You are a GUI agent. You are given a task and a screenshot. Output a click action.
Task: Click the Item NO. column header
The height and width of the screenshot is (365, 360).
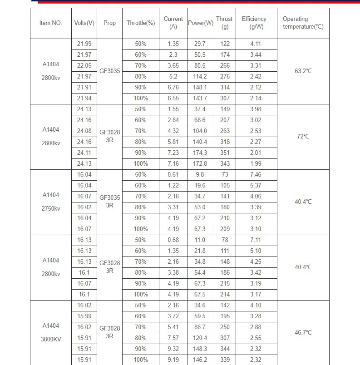click(50, 23)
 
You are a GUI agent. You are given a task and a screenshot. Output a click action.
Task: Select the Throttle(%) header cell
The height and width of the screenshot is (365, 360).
click(141, 23)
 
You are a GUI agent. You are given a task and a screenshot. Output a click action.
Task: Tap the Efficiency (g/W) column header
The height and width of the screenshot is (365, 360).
click(256, 23)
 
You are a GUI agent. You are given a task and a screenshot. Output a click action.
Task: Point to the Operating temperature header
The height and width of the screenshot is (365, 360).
click(303, 23)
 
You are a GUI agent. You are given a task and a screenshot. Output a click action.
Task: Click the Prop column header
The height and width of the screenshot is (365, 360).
click(109, 23)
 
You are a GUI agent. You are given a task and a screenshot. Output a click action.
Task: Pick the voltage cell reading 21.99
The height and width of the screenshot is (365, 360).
click(84, 44)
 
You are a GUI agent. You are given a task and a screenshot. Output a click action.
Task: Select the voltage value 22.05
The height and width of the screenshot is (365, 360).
click(84, 65)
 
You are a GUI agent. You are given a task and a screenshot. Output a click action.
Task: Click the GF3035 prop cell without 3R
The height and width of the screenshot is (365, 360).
click(109, 71)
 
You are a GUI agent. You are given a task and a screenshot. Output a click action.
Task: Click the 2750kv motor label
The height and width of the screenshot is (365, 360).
click(50, 208)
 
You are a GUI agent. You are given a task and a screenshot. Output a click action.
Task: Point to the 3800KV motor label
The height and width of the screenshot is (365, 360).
click(50, 339)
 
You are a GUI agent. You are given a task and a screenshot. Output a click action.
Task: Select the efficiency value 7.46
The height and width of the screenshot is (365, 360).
click(256, 174)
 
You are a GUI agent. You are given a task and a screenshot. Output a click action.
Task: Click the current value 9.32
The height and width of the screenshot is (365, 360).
click(173, 349)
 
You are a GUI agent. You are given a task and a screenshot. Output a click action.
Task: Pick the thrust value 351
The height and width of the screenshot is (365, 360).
click(224, 153)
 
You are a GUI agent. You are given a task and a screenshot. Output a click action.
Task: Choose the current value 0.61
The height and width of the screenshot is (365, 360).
click(173, 174)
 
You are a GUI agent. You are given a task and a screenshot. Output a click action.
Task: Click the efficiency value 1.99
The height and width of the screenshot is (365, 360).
click(256, 163)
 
